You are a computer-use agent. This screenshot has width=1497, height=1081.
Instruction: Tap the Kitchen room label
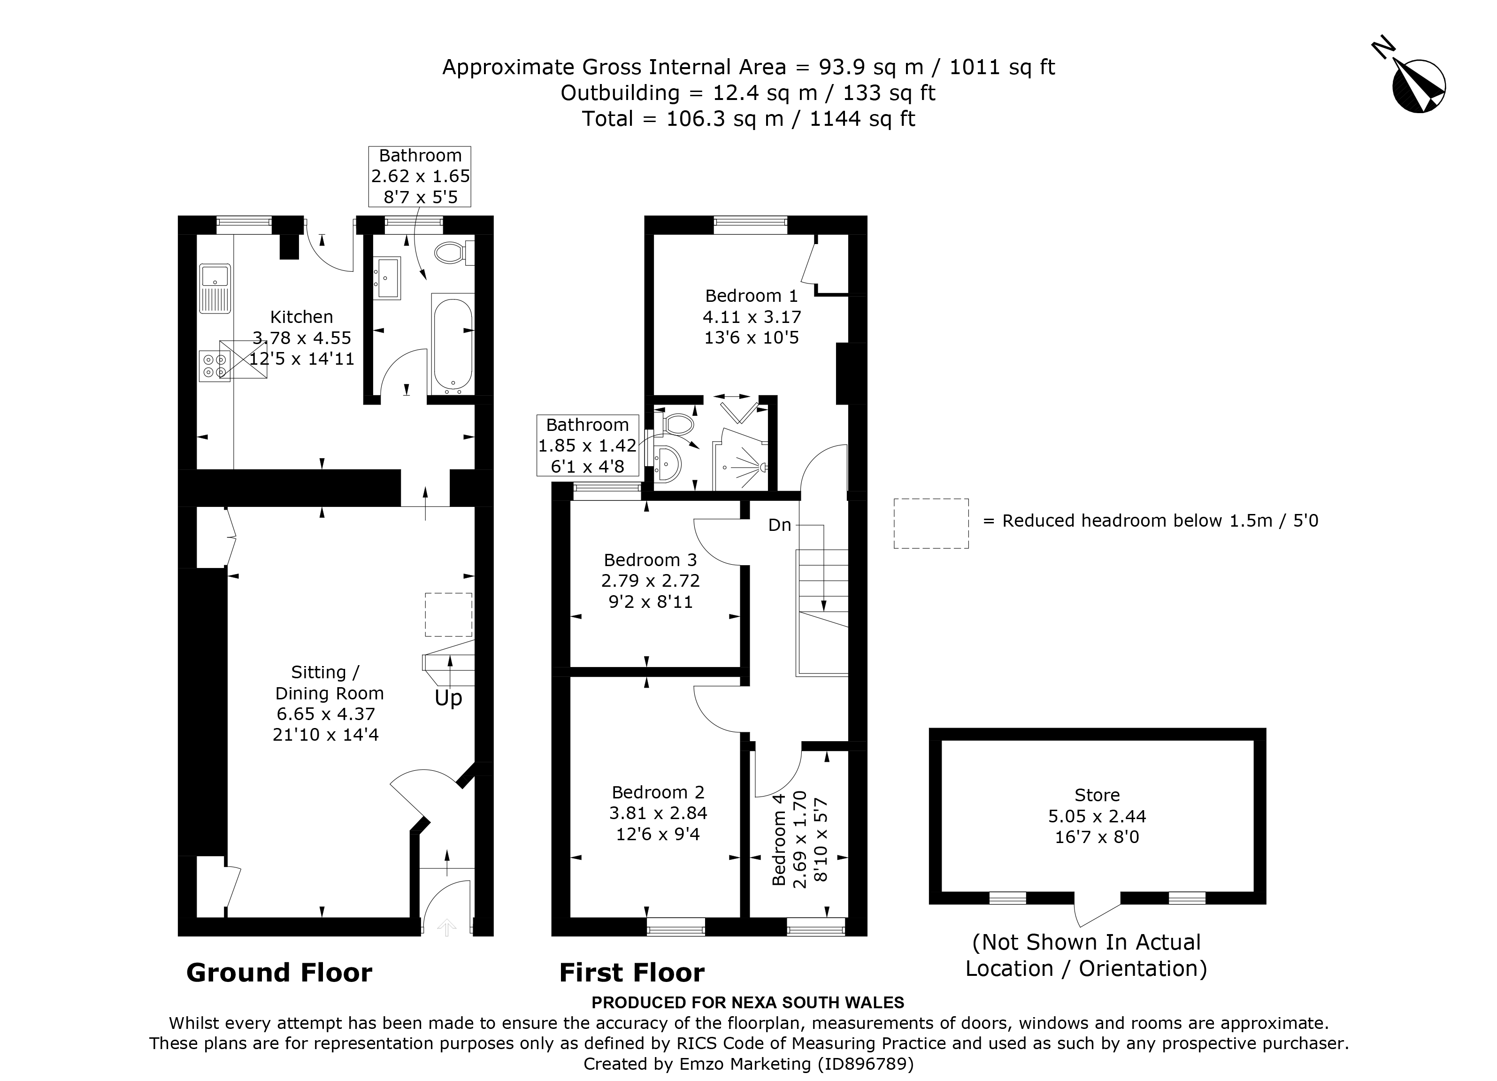(x=302, y=317)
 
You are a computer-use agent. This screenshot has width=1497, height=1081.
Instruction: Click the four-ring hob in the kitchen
(x=215, y=366)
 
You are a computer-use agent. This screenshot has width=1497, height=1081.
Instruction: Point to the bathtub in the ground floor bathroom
(x=452, y=345)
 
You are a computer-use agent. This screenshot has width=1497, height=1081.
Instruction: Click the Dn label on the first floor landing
(x=780, y=525)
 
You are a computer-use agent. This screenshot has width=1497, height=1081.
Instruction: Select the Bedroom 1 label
(x=751, y=296)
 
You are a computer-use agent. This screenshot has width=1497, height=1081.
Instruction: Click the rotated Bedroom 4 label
(x=779, y=839)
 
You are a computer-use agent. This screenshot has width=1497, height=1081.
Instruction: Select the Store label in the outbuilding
(x=1097, y=795)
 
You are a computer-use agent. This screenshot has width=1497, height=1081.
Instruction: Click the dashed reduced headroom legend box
(x=931, y=523)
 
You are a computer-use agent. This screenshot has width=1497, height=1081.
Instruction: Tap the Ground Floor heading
(x=279, y=973)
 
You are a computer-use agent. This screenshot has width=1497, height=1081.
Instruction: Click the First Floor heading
(x=632, y=973)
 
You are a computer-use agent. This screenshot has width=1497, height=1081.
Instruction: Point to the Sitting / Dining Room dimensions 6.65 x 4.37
(x=326, y=714)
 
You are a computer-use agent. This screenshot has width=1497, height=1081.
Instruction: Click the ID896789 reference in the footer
(x=865, y=1064)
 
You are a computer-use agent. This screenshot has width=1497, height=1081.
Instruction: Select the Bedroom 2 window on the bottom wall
(x=676, y=927)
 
